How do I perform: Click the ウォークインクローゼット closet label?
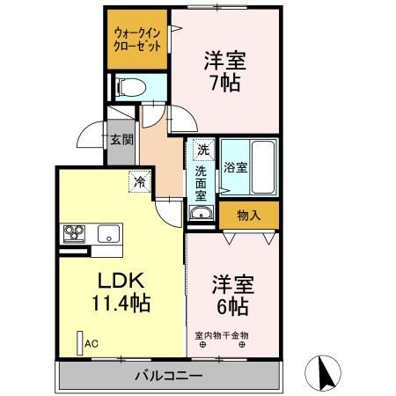[x=137, y=40]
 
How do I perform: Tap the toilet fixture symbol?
[x=128, y=87]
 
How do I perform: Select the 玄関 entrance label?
[x=121, y=139]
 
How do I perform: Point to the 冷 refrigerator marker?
[x=139, y=181]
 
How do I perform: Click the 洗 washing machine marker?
[x=202, y=150]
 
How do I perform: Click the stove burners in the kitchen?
[x=73, y=233]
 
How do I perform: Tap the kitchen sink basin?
[x=108, y=234]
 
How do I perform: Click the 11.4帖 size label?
[x=121, y=304]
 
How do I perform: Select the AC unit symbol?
[x=80, y=342]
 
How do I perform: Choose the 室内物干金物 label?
[x=222, y=334]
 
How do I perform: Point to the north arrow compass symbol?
[x=325, y=374]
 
